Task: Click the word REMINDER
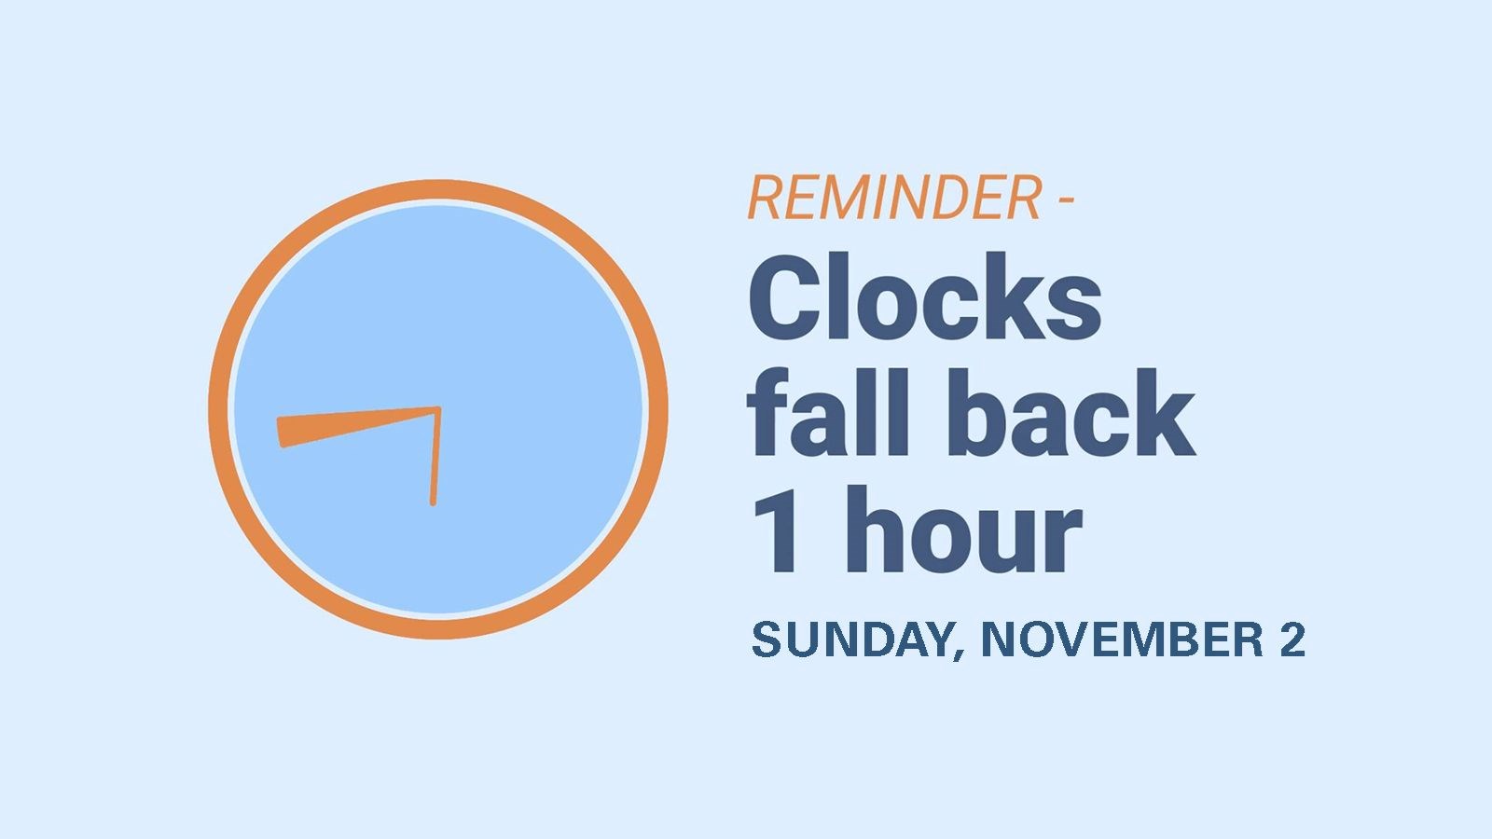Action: click(x=894, y=197)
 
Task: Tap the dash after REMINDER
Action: click(x=1066, y=199)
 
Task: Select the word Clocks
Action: click(x=925, y=296)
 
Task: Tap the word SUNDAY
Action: click(x=851, y=640)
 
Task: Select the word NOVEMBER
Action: click(x=1123, y=640)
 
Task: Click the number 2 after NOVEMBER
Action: click(x=1292, y=640)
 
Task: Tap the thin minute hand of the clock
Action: click(x=435, y=457)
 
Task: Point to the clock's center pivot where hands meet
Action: click(x=437, y=409)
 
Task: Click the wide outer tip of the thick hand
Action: click(x=281, y=433)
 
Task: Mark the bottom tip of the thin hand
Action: click(x=433, y=504)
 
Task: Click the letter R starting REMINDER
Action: click(x=766, y=197)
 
